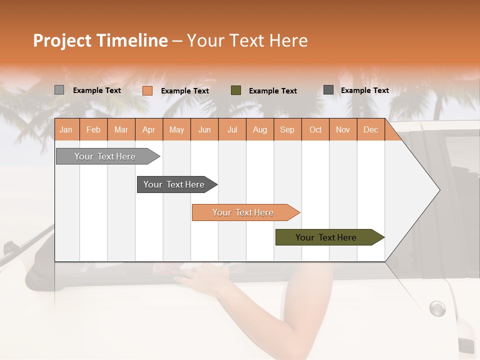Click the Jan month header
click(x=66, y=129)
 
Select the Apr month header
click(x=148, y=129)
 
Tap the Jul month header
click(x=232, y=129)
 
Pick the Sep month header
click(x=287, y=129)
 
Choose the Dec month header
click(x=370, y=129)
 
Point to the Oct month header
click(x=315, y=129)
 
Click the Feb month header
click(x=93, y=129)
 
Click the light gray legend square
click(x=59, y=90)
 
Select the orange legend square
click(x=147, y=90)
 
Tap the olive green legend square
click(x=236, y=90)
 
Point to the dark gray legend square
click(x=328, y=90)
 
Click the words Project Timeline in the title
click(x=100, y=40)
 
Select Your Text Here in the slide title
click(x=247, y=40)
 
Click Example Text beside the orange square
click(x=184, y=91)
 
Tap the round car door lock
click(x=437, y=307)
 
